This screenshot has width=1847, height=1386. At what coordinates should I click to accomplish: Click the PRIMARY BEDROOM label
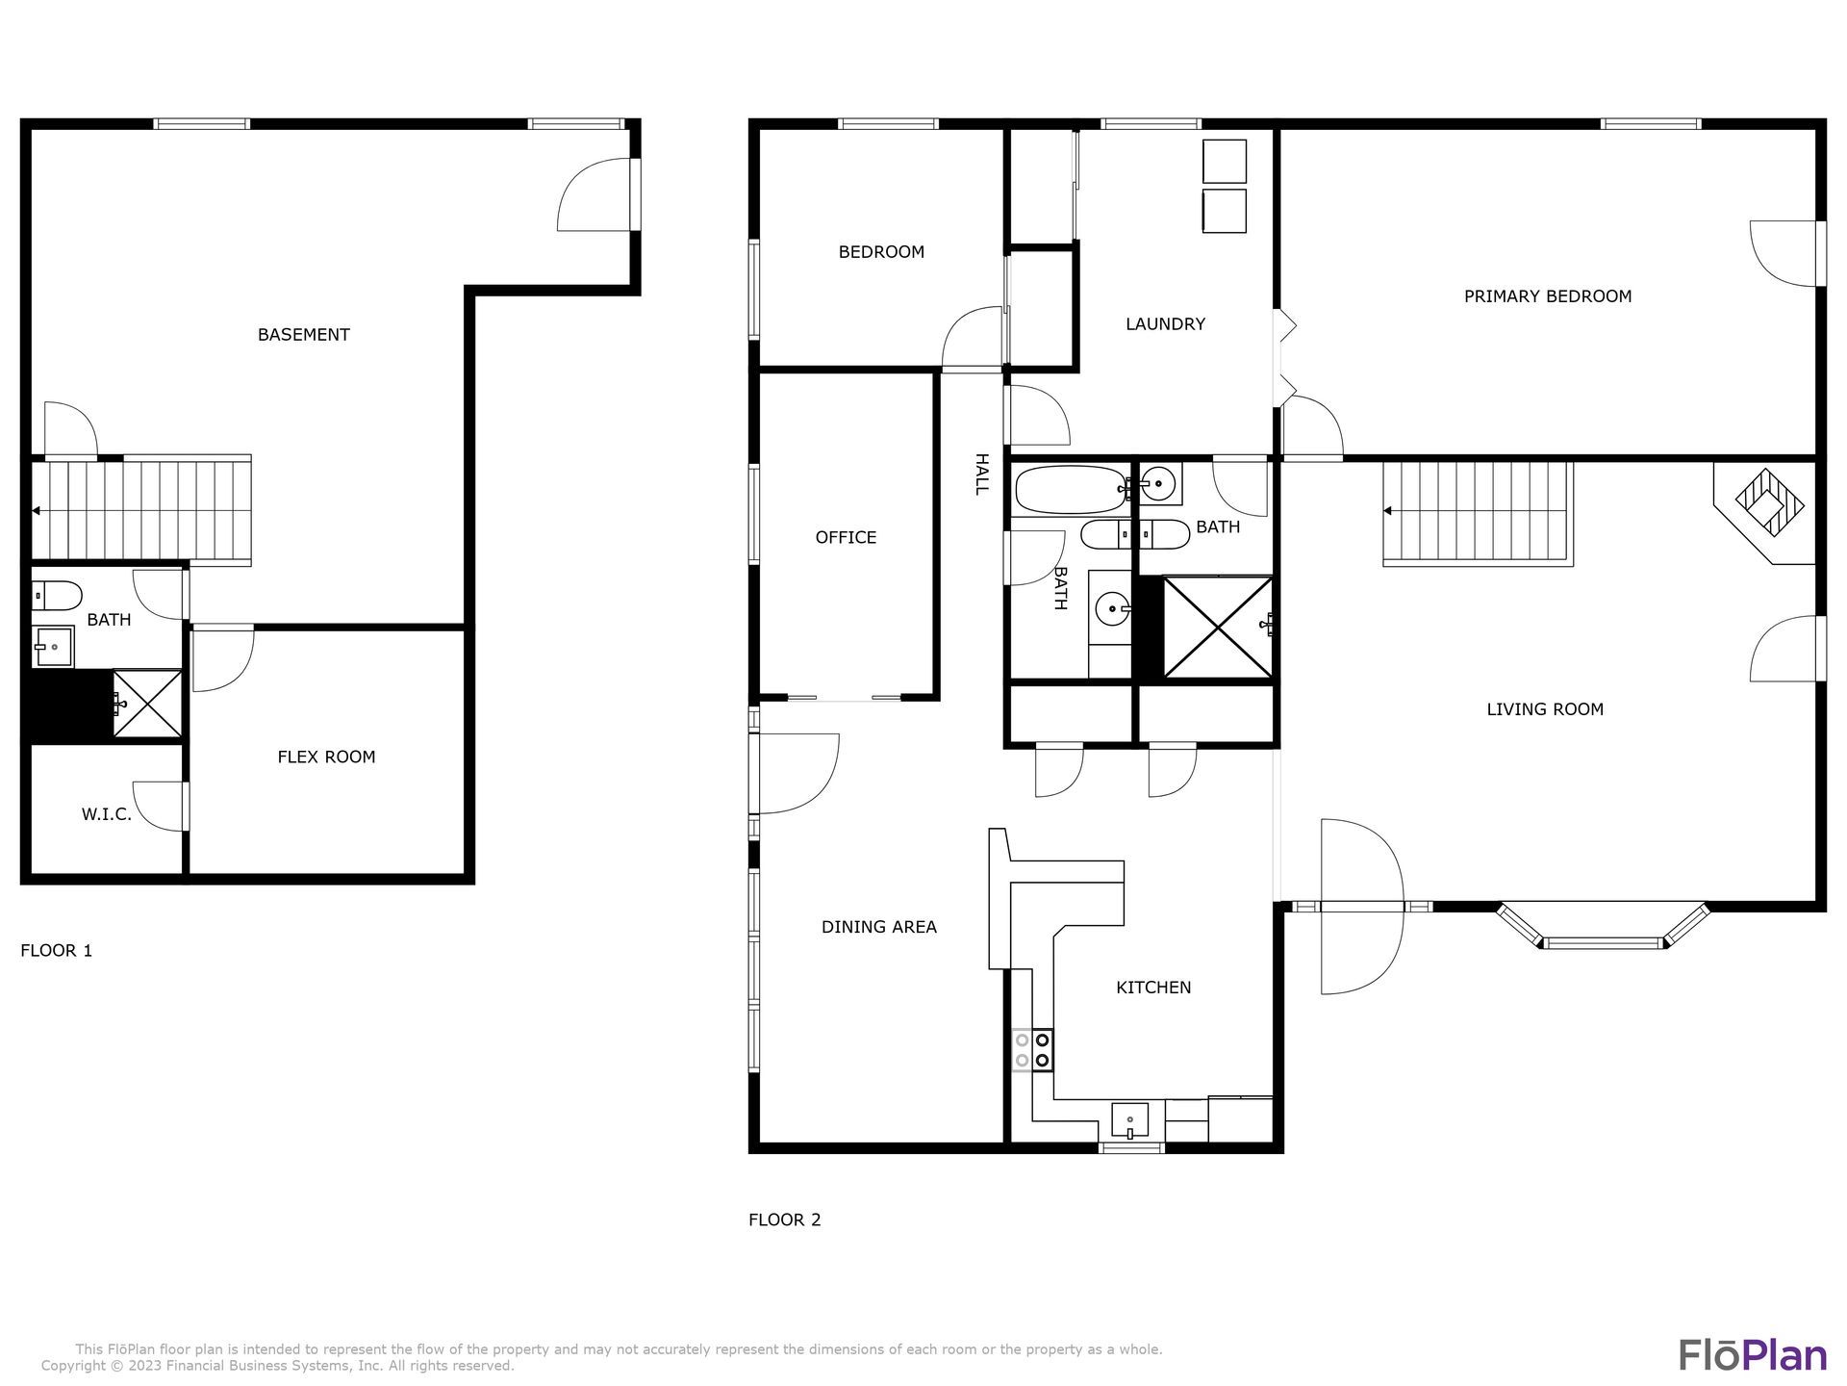point(1547,296)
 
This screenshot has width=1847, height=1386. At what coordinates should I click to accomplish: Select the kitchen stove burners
point(1032,1049)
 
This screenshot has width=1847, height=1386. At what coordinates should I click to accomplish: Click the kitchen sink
point(1130,1120)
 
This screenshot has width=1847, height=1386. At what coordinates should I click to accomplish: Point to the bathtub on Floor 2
point(1071,489)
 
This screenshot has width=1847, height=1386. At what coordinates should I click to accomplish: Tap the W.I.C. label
point(107,814)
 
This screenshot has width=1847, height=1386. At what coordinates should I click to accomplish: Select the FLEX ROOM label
point(326,757)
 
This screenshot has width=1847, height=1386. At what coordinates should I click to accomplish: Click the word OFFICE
point(846,537)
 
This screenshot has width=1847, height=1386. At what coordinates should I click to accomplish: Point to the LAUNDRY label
point(1165,324)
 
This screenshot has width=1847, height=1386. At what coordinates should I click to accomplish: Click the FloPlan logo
point(1753,1354)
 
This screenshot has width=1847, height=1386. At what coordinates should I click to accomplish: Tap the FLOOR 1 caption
point(57,951)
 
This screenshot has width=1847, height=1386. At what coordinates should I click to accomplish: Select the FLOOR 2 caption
point(785,1219)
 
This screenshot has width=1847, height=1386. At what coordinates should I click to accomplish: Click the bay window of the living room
point(1604,927)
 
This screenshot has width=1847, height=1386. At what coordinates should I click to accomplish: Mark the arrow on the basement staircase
point(36,511)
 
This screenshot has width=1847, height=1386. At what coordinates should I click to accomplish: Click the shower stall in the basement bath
point(147,704)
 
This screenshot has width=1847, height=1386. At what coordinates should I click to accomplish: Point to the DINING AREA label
point(878,927)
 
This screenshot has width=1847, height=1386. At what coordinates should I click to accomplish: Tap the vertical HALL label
point(981,475)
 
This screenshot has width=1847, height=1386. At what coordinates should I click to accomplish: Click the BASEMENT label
point(303,335)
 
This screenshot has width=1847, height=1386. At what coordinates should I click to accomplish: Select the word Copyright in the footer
point(73,1366)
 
